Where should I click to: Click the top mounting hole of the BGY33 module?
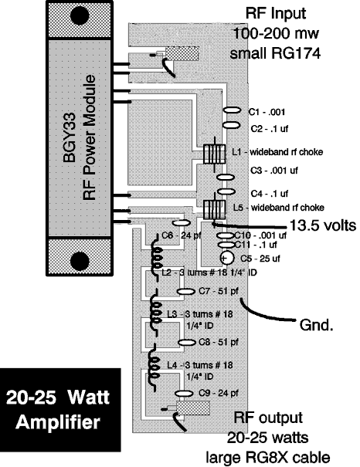point(80,15)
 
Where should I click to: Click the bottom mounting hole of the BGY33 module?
point(80,261)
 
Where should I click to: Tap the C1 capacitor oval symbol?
point(232,110)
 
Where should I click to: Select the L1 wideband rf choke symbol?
point(214,154)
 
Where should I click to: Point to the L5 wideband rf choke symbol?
point(214,210)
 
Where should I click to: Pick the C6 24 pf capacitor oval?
point(182,223)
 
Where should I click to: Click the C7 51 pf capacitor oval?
point(186,292)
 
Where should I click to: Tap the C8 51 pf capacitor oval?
point(187,342)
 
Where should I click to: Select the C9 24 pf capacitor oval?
point(184,394)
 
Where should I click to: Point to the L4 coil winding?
point(155,368)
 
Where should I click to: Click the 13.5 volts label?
point(323,225)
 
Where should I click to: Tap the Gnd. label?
point(316,325)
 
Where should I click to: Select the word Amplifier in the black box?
point(58,423)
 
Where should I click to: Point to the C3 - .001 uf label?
point(274,171)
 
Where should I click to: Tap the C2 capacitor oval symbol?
point(232,125)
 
